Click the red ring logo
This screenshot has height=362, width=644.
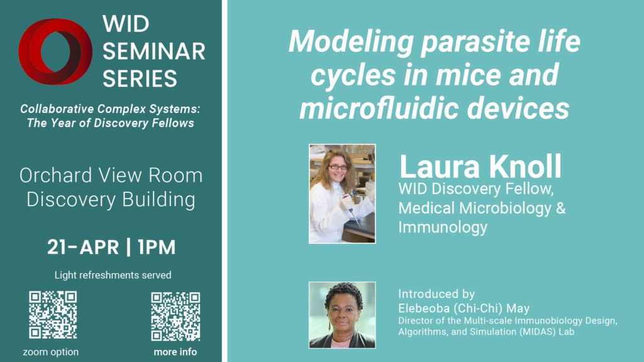[x=57, y=52]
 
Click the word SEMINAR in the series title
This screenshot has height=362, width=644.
[x=153, y=52]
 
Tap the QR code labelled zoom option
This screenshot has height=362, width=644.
[x=53, y=314]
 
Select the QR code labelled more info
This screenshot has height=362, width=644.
[x=175, y=315]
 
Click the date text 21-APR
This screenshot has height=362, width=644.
[x=83, y=247]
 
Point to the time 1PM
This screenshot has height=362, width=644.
[x=156, y=247]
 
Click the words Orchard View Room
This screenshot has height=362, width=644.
[x=111, y=175]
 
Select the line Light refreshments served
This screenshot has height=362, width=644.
[x=113, y=275]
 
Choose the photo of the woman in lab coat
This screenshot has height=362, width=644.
[x=341, y=194]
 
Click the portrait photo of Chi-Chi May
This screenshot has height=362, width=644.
[x=341, y=314]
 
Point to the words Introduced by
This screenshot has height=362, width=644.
[x=436, y=293]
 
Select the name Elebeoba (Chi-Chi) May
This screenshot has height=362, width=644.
[x=464, y=308]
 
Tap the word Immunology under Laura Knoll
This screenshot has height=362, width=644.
[x=443, y=227]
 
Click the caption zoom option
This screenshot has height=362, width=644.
[x=51, y=352]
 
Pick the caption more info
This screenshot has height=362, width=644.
[x=175, y=352]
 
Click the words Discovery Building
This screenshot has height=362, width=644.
[x=111, y=200]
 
